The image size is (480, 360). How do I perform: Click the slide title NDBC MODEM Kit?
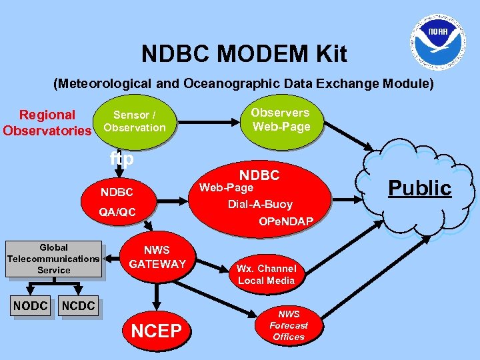coord(244,54)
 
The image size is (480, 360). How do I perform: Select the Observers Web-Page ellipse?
coord(281,120)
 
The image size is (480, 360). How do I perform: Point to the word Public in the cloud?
coord(420,188)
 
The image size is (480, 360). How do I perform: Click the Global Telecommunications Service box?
coord(53,259)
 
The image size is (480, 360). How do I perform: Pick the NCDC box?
coord(79,306)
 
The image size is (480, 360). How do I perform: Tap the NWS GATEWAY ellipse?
coord(157,257)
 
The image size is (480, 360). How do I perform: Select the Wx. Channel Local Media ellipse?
coord(266,274)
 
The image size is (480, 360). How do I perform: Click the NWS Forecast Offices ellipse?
coord(289,325)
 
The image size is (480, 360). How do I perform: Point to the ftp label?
coord(122,159)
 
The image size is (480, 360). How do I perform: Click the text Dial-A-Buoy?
coord(260,204)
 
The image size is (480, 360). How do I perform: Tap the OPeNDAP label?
coord(286,221)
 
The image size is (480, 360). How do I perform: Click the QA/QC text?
coord(117,212)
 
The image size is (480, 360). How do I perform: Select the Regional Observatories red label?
coord(47,123)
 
